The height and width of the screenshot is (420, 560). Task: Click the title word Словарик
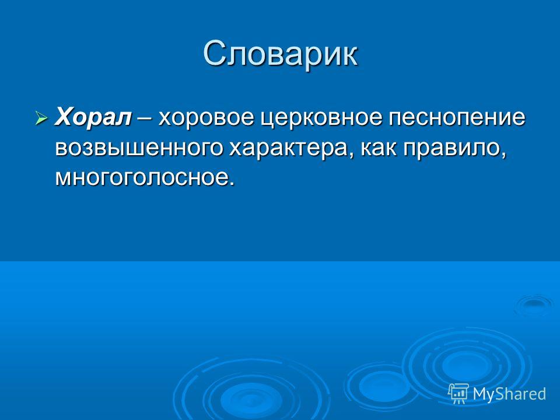pyautogui.click(x=281, y=55)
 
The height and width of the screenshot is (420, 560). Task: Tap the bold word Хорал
pyautogui.click(x=93, y=117)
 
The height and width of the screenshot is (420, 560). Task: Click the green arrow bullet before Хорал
pyautogui.click(x=41, y=117)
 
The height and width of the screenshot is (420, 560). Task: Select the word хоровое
pyautogui.click(x=206, y=118)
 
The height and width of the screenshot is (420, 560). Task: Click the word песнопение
pyautogui.click(x=457, y=118)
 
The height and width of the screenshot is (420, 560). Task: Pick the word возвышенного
pyautogui.click(x=139, y=148)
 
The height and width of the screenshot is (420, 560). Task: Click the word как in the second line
pyautogui.click(x=379, y=148)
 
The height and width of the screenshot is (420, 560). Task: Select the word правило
pyautogui.click(x=451, y=149)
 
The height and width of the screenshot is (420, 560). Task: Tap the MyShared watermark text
pyautogui.click(x=510, y=394)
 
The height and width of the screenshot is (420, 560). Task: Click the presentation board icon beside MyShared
pyautogui.click(x=459, y=394)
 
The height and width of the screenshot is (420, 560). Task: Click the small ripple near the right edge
pyautogui.click(x=534, y=304)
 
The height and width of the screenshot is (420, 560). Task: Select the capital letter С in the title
pyautogui.click(x=215, y=55)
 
